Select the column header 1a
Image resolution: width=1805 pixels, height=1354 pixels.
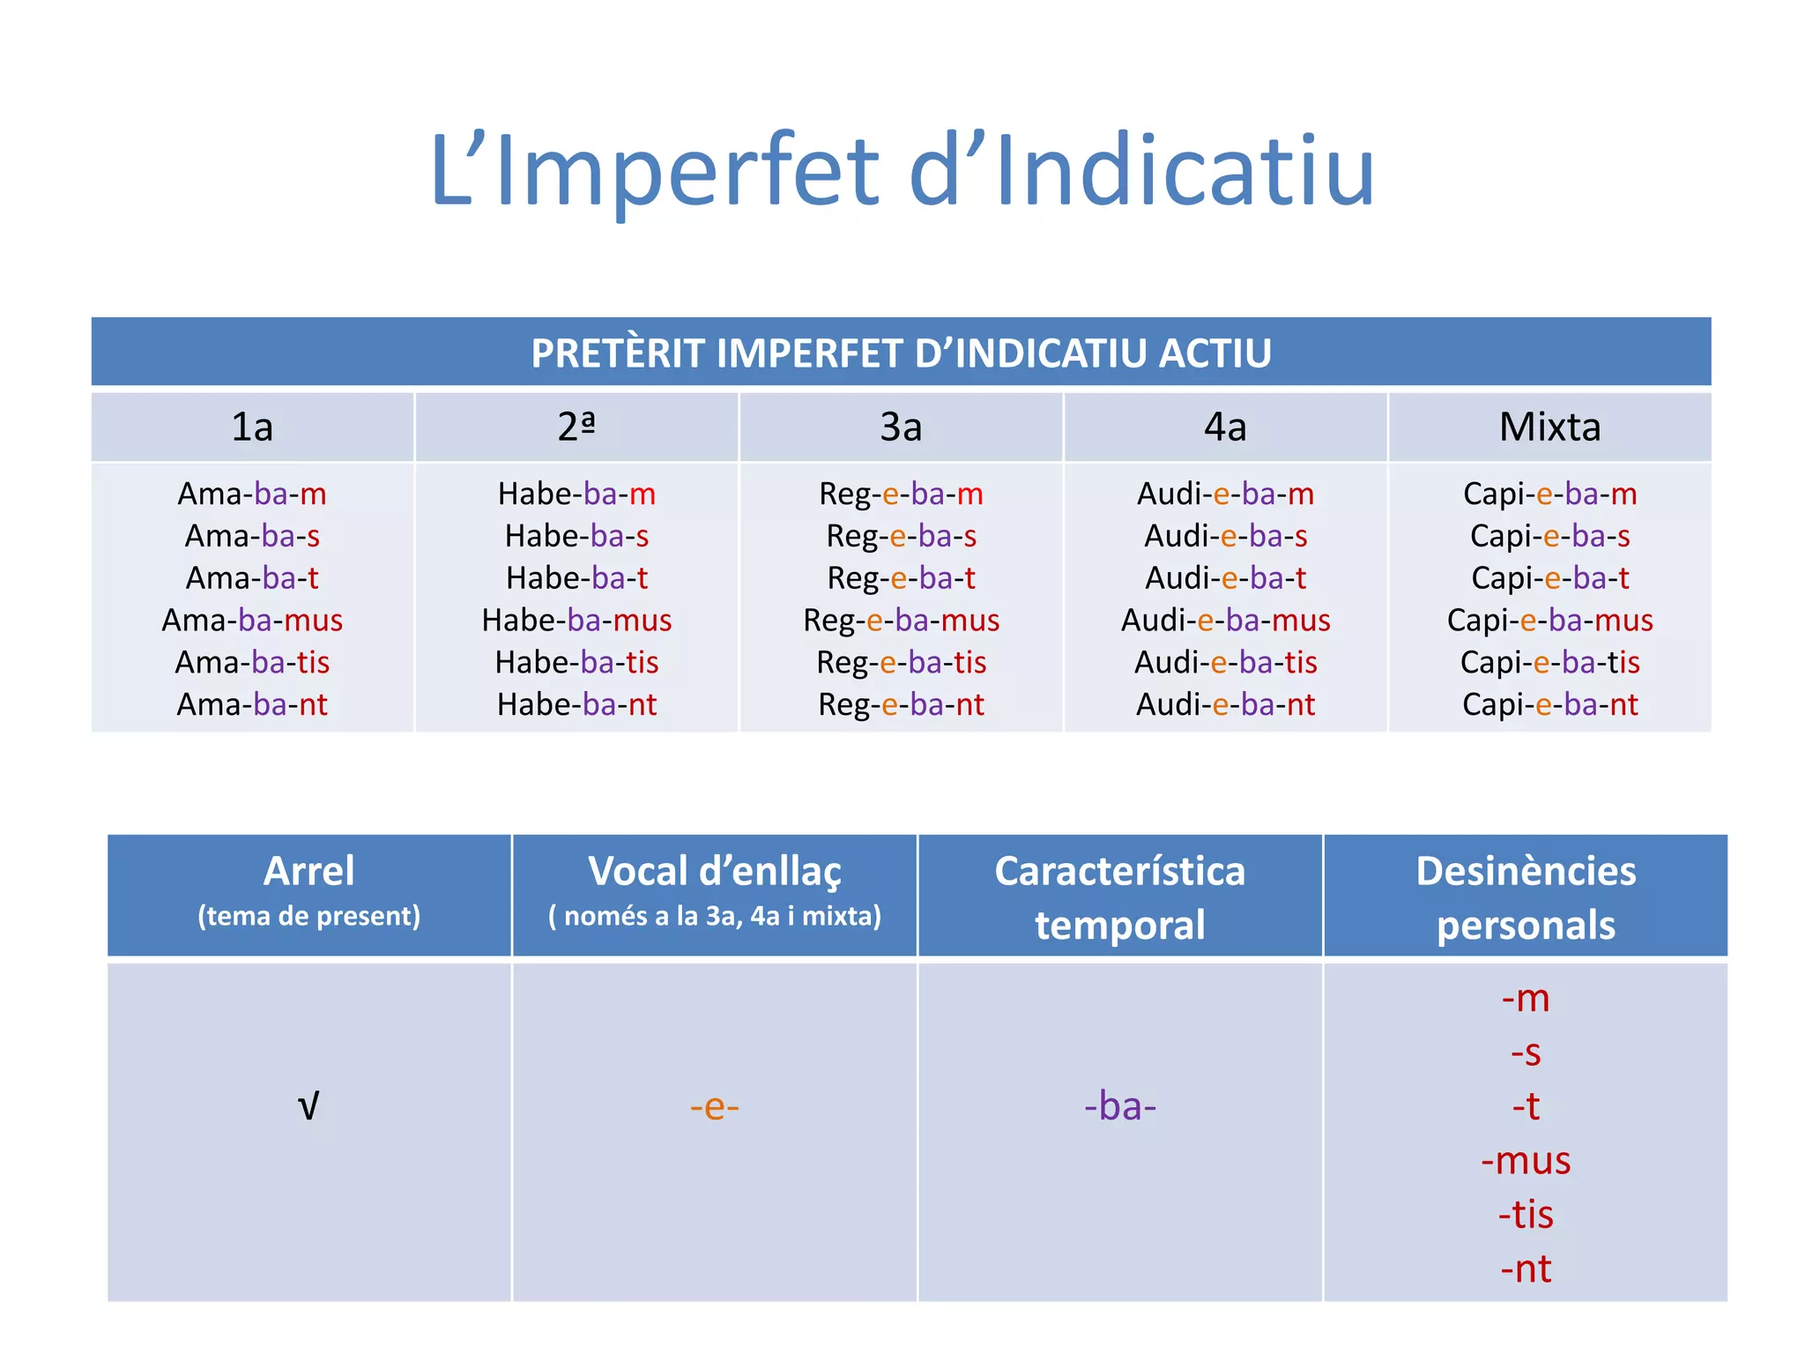click(x=252, y=428)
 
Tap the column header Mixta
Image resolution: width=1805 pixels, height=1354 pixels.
click(x=1549, y=428)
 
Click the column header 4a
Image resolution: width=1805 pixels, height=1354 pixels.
click(x=1225, y=428)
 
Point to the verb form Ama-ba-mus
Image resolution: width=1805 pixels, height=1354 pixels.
click(x=252, y=621)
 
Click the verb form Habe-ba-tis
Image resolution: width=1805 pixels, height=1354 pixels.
click(x=576, y=663)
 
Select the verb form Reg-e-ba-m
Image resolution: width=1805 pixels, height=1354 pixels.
click(x=901, y=495)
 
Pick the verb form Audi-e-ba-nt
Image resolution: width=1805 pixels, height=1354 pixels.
click(x=1225, y=705)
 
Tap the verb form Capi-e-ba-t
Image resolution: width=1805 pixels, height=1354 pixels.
click(x=1549, y=578)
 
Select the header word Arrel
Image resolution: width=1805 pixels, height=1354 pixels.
click(x=308, y=871)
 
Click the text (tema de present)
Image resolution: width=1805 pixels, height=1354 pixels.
click(x=308, y=916)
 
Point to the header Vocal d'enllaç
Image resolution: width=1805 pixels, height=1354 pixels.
click(x=714, y=871)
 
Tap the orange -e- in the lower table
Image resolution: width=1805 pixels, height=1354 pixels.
click(x=714, y=1105)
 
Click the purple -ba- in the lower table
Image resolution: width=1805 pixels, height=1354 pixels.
click(x=1119, y=1105)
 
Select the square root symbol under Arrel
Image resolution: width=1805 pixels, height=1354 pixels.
click(x=308, y=1105)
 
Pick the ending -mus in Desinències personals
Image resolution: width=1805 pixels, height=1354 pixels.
click(x=1526, y=1160)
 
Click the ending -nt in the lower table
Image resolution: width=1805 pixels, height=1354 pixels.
click(x=1526, y=1268)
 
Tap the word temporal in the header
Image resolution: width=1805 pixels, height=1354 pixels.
click(x=1119, y=926)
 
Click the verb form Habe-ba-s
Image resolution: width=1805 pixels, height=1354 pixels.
click(x=576, y=536)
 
